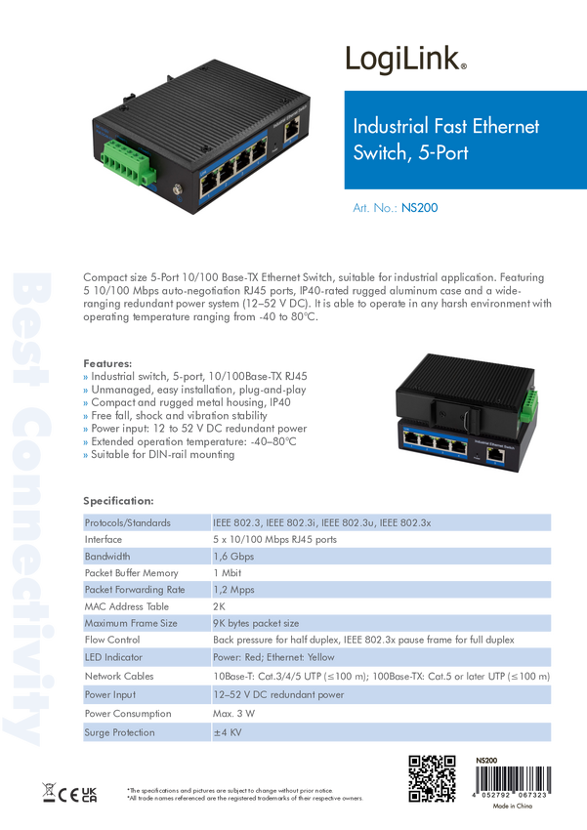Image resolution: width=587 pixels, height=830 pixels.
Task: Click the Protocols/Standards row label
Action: click(x=128, y=522)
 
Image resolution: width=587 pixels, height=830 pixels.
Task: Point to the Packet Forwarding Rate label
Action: click(x=135, y=590)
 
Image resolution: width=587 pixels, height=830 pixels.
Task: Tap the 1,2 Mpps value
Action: click(x=233, y=590)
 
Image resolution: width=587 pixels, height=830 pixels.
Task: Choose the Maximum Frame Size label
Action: click(x=131, y=623)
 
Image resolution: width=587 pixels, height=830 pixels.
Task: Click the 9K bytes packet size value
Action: click(x=256, y=623)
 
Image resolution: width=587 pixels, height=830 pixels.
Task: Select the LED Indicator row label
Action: click(x=114, y=656)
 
